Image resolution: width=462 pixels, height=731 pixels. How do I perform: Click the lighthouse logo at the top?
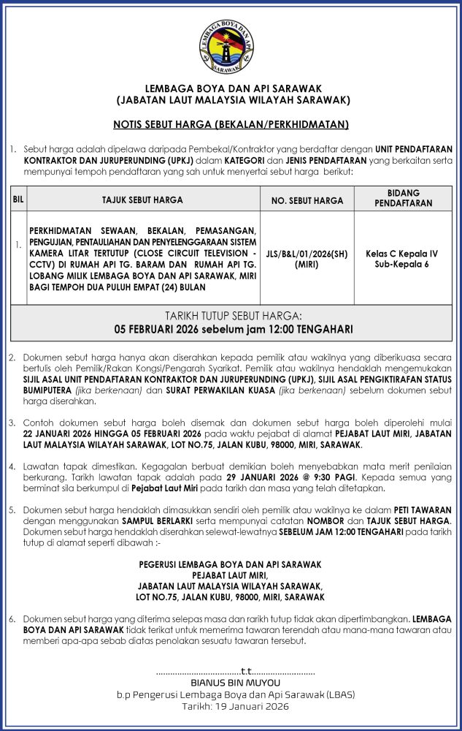coord(231,46)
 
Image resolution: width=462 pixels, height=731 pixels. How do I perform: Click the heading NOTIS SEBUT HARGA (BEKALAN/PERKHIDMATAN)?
coord(231,124)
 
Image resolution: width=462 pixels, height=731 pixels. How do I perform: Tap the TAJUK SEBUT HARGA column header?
coord(142,200)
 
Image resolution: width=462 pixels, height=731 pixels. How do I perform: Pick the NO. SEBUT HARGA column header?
coord(307,200)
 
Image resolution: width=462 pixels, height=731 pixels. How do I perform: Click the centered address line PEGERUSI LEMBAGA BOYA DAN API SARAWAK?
coord(231,564)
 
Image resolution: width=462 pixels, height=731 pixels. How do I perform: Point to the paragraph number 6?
coord(12,618)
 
